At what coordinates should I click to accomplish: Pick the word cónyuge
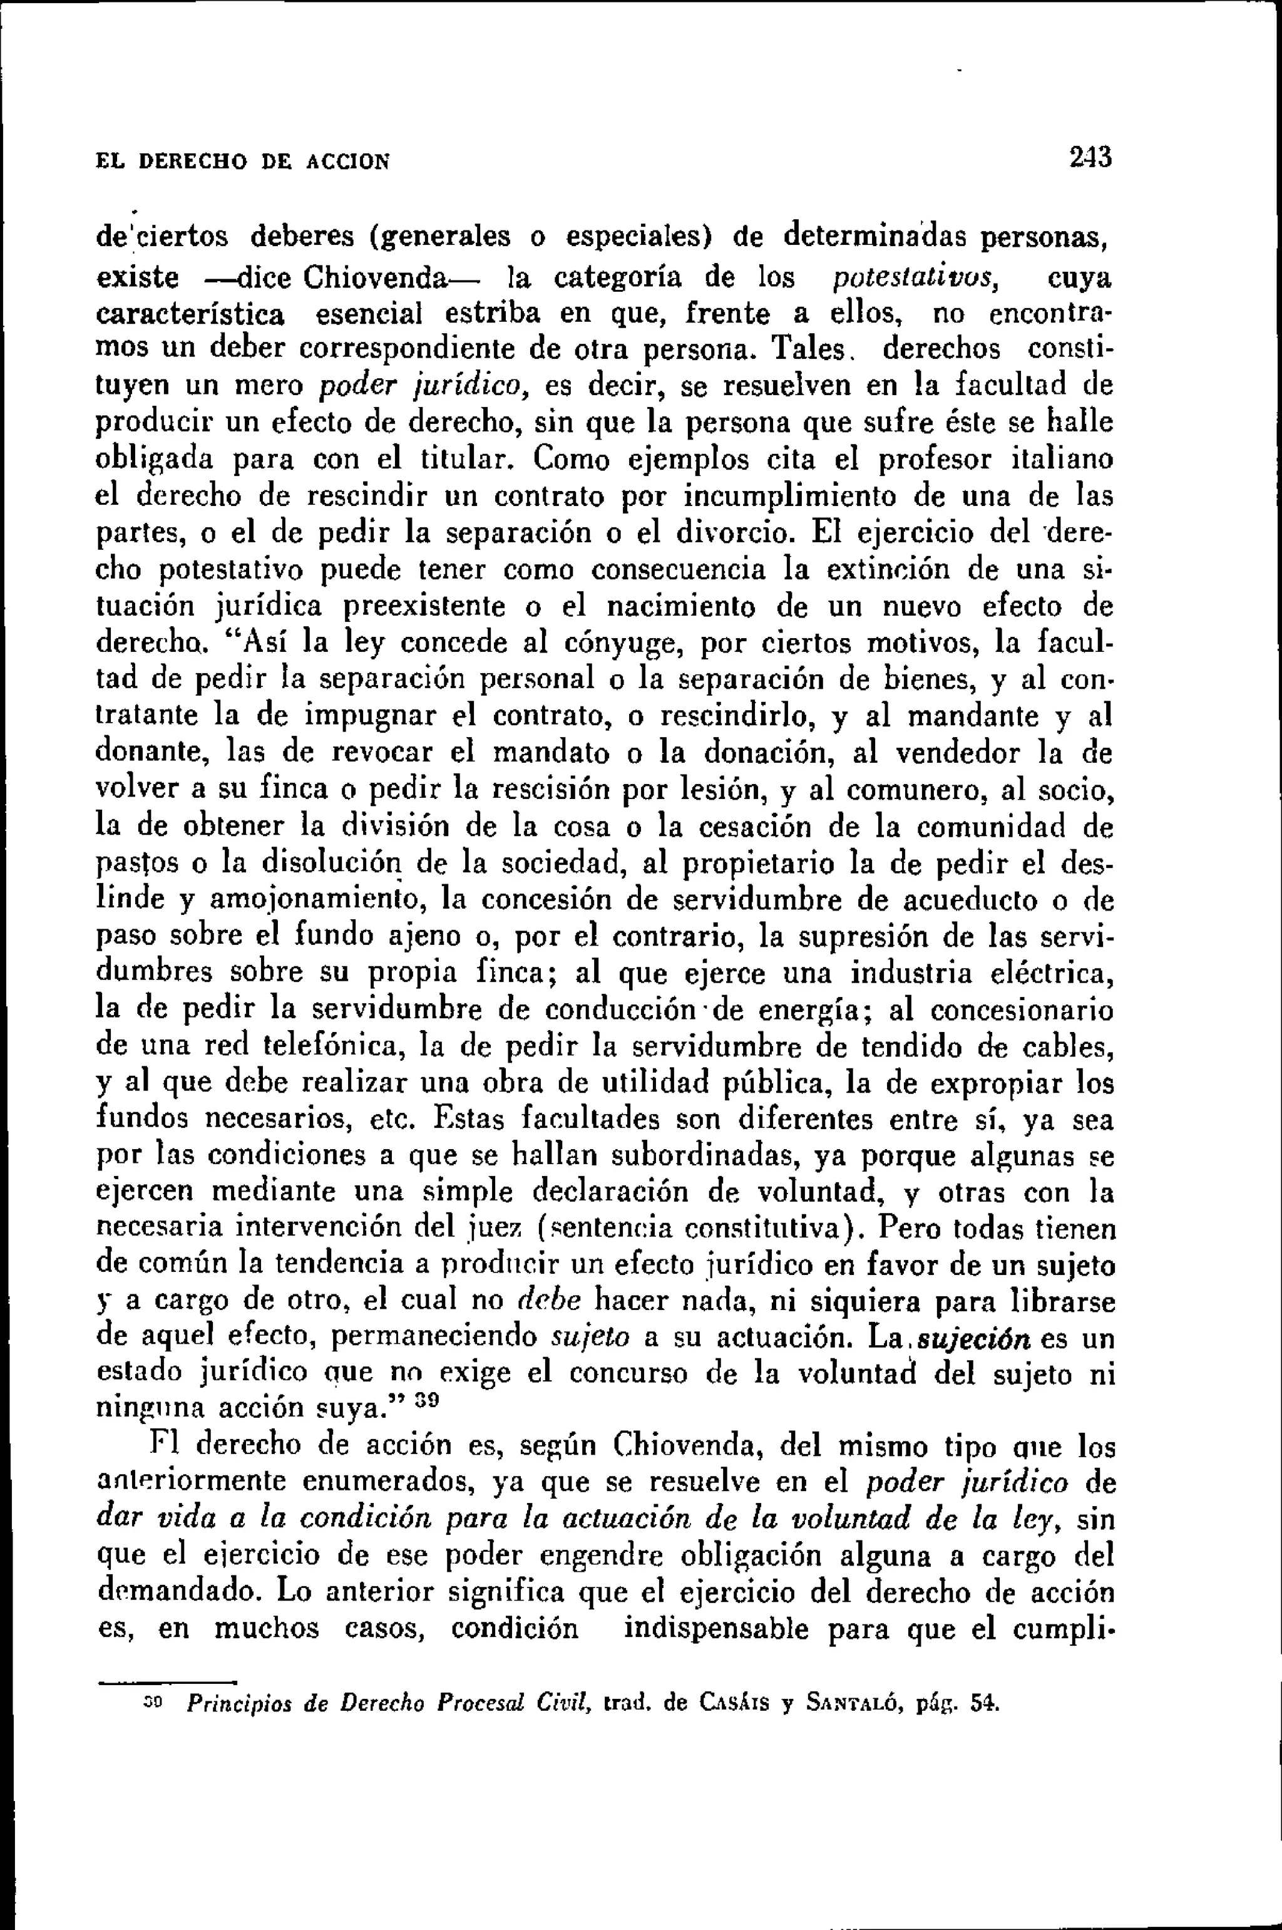pyautogui.click(x=617, y=642)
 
